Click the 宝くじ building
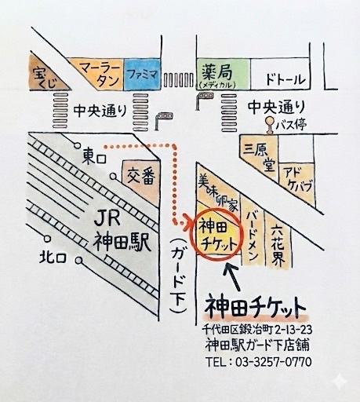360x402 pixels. point(42,76)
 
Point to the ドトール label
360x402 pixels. point(285,79)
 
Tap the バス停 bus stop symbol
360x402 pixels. point(271,123)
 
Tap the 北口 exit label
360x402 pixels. point(56,257)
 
